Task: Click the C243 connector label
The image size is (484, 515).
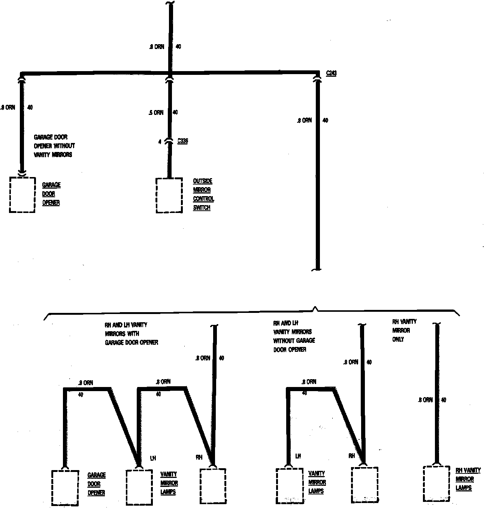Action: tap(331, 73)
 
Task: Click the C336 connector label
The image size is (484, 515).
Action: tap(182, 141)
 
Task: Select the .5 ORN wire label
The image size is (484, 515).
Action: tap(156, 112)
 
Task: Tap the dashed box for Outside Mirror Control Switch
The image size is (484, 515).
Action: tap(169, 195)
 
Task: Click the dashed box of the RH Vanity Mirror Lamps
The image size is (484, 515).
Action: tap(436, 483)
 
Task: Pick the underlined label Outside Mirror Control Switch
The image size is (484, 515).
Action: tap(203, 195)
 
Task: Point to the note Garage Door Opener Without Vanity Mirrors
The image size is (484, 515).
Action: tap(54, 146)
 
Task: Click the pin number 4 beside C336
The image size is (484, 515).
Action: tap(160, 142)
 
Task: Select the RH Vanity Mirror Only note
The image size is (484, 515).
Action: tap(404, 330)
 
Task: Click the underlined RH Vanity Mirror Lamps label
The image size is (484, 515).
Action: tap(468, 479)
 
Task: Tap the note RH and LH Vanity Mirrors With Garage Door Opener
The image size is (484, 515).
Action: tap(131, 333)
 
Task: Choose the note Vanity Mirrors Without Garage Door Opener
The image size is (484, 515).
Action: tap(294, 336)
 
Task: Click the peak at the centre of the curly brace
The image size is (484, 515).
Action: tap(315, 308)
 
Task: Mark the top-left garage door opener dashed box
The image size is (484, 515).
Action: tap(22, 195)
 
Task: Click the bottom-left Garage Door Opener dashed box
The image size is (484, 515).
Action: tap(65, 488)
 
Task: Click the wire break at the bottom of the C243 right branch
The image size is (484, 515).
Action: tap(317, 269)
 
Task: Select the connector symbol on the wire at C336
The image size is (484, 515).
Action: tap(169, 141)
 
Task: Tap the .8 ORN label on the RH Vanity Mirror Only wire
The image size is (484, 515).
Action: tap(425, 400)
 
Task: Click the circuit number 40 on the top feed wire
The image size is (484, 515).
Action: tap(178, 47)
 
